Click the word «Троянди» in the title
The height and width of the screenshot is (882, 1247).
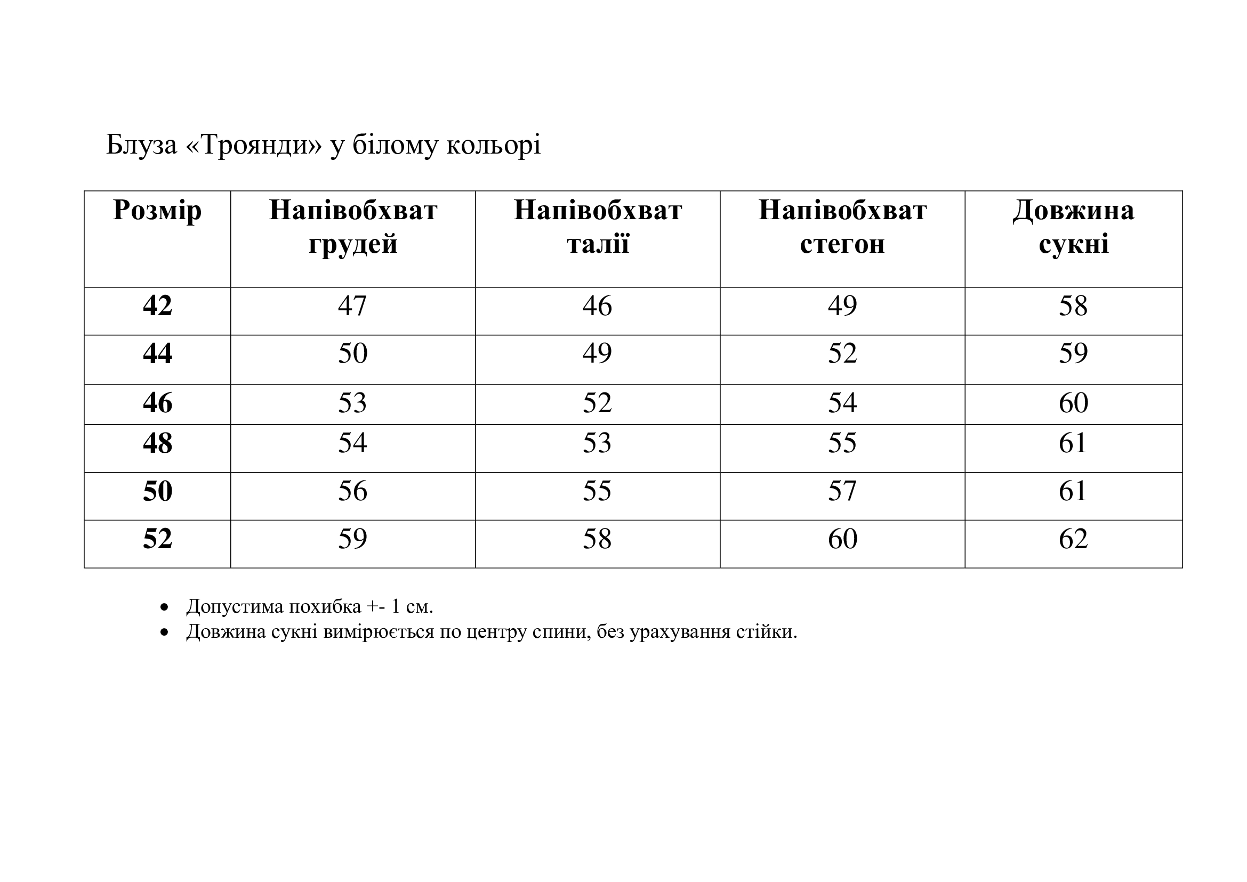[x=254, y=145]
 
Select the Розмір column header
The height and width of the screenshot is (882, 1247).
[x=157, y=210]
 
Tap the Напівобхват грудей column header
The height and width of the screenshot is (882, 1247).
[x=353, y=227]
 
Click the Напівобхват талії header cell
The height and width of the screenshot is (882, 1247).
[x=598, y=227]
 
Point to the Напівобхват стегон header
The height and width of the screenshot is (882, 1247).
[x=842, y=227]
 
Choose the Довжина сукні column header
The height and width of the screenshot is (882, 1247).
[x=1073, y=227]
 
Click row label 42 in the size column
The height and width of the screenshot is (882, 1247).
[x=157, y=306]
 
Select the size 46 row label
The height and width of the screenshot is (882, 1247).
[x=157, y=403]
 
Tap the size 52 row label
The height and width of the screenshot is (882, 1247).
[x=157, y=539]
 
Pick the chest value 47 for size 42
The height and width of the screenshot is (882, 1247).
[x=352, y=306]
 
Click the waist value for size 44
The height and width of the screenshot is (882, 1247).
[x=598, y=354]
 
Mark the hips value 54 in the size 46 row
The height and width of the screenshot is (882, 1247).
[x=842, y=403]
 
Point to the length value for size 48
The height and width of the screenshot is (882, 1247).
[x=1073, y=443]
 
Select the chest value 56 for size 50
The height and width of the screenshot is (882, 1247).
[x=352, y=491]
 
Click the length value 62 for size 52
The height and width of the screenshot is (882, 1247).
[x=1073, y=539]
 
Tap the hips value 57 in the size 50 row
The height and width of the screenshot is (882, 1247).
[x=842, y=491]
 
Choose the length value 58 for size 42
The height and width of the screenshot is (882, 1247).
[x=1073, y=306]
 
